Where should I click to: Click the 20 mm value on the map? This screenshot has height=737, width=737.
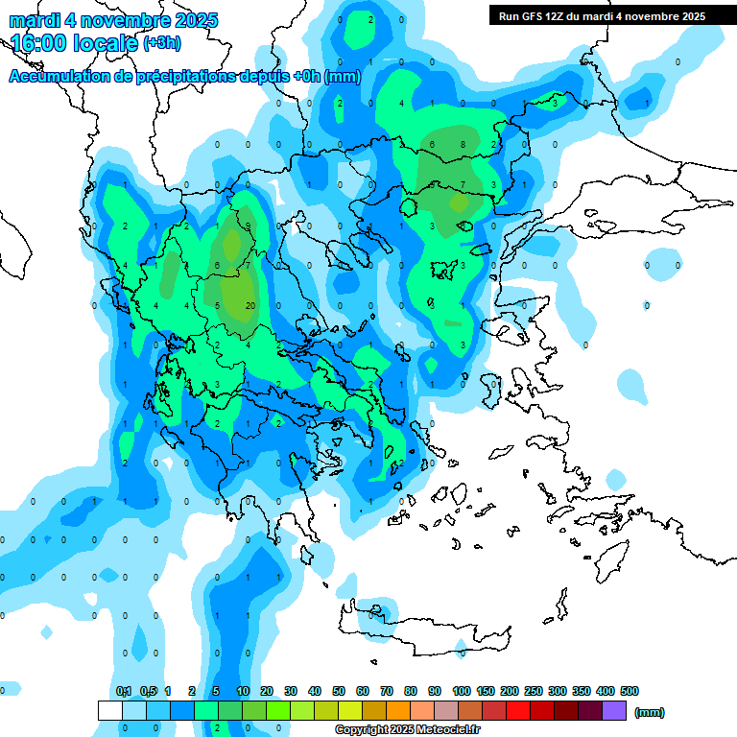click(250, 306)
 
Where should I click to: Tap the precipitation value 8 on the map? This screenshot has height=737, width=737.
click(464, 145)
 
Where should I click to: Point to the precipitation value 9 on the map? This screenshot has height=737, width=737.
click(249, 226)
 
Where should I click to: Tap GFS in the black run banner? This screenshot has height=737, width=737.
click(544, 15)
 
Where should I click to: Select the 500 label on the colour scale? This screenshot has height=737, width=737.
click(630, 691)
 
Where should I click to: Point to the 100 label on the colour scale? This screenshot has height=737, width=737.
click(462, 691)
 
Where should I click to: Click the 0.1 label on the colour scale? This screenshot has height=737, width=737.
click(124, 691)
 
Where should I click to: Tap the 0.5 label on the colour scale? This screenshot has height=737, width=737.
click(148, 691)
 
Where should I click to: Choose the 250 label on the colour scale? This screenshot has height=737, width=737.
click(534, 691)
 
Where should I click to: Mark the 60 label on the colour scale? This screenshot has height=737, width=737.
click(363, 691)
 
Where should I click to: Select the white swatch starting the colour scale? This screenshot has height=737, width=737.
click(110, 710)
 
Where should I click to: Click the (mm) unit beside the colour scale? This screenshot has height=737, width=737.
click(650, 712)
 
